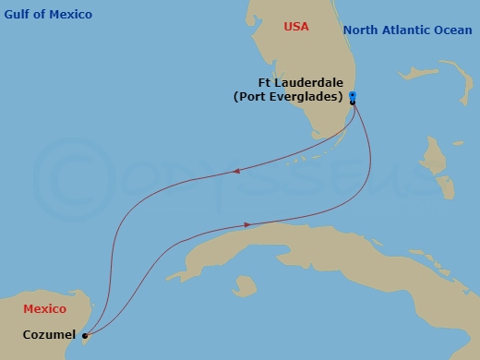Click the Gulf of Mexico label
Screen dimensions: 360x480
(x=48, y=15)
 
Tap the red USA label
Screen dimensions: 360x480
(x=296, y=27)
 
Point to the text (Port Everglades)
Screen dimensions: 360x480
(x=289, y=96)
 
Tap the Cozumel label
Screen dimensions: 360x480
(x=49, y=335)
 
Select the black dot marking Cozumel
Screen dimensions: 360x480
(x=84, y=336)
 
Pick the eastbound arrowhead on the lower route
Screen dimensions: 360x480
(x=246, y=224)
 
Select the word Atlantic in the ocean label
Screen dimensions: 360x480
(x=399, y=30)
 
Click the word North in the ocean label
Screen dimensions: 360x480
(x=359, y=30)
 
